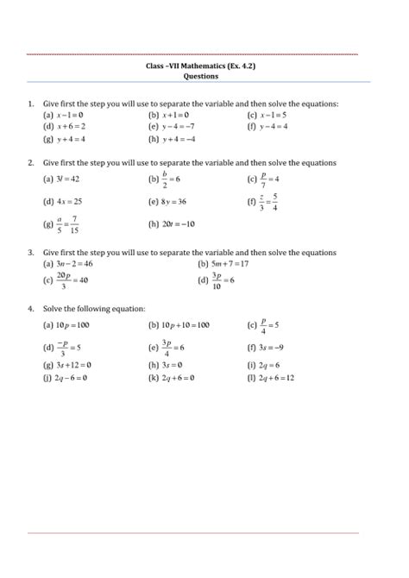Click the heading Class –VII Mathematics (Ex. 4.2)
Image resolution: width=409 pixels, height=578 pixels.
(x=204, y=65)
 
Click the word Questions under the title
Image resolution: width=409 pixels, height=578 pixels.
(x=204, y=75)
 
